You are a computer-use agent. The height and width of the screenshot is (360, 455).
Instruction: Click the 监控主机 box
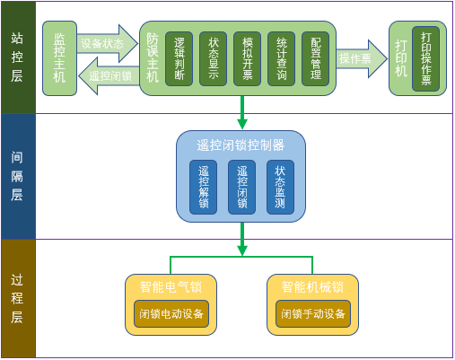59,58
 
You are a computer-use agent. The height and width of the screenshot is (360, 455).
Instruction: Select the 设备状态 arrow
107,44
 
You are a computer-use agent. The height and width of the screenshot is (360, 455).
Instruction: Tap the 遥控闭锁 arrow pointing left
109,76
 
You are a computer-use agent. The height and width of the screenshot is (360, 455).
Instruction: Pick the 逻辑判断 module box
179,59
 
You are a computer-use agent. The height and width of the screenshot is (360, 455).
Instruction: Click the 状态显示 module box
213,59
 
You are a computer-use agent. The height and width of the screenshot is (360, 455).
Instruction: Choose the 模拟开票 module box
247,59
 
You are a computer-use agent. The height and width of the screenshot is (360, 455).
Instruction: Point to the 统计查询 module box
281,59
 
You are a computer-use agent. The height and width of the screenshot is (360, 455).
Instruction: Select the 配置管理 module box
315,59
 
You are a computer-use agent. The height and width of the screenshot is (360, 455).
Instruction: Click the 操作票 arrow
362,58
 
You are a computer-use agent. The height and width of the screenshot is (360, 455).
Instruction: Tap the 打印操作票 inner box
425,58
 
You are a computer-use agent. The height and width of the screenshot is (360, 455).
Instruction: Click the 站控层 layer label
17,57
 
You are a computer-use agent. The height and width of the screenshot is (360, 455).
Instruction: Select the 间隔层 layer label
17,176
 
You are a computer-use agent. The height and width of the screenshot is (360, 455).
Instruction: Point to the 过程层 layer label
17,298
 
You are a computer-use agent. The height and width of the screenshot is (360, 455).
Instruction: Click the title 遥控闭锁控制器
241,145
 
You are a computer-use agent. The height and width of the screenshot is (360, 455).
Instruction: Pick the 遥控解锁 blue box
203,187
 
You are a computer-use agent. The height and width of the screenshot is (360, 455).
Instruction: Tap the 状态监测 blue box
280,187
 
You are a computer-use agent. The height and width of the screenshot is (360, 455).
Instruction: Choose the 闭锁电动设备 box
171,313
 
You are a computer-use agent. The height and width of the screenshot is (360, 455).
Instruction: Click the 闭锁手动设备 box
313,313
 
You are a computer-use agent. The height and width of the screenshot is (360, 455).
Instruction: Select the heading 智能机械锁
312,286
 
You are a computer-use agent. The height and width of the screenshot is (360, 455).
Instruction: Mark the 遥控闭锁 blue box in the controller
241,187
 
